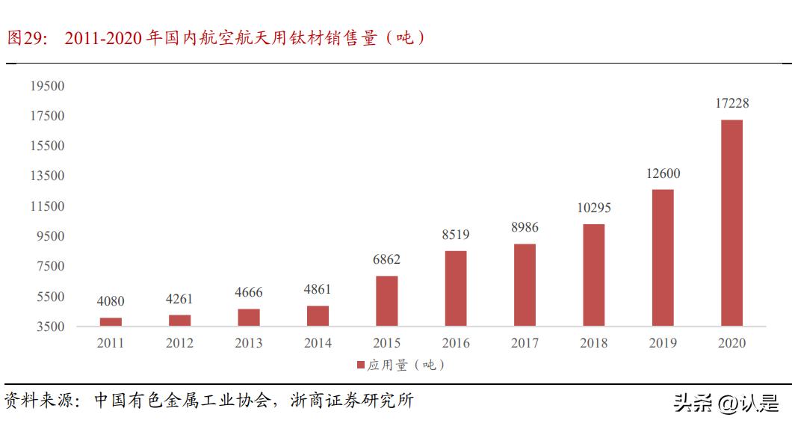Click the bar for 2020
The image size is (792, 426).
coord(731,223)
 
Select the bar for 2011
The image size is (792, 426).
coord(111,321)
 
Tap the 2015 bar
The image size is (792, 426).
coord(387,300)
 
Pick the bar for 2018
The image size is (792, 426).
coord(593,274)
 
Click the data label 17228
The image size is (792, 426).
coord(731,104)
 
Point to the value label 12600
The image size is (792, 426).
coord(663,173)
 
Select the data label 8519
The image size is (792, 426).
coord(456,235)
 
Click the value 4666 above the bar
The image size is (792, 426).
coord(249,293)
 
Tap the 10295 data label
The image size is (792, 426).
coord(593,209)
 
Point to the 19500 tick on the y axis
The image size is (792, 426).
coord(47,86)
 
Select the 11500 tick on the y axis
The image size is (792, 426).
coord(47,206)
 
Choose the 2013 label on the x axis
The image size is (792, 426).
coord(249,343)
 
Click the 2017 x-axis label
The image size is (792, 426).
coord(525,343)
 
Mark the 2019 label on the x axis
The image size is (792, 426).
coord(663,343)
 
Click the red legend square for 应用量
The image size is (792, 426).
coord(359,365)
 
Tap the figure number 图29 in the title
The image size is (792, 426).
coord(23,38)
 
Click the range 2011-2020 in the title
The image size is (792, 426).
coord(104,38)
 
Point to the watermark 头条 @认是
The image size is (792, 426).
coord(726,403)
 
